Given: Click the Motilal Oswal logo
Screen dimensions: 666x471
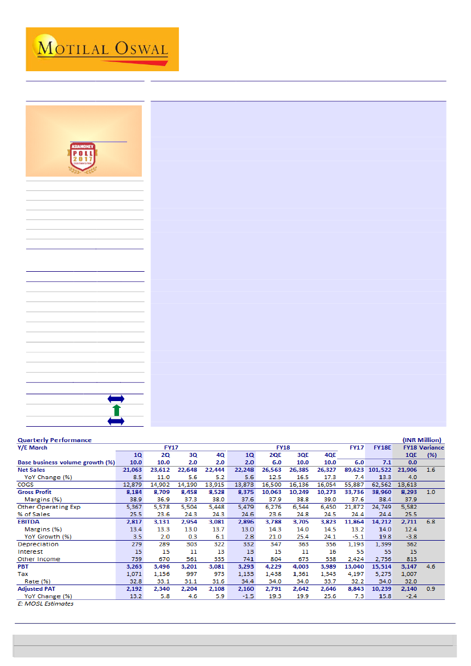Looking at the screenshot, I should [x=103, y=49].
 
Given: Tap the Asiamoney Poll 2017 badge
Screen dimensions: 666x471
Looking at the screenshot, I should [x=84, y=156].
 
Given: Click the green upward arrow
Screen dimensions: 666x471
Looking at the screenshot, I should [x=116, y=410].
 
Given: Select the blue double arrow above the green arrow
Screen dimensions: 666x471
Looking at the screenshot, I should [x=116, y=399].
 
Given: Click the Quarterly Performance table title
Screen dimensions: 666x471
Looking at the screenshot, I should [x=55, y=440].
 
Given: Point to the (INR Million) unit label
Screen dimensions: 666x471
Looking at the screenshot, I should [x=421, y=440].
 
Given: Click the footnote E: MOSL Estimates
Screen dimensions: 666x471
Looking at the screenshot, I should [x=46, y=603].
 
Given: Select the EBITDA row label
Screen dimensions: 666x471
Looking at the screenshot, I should [x=28, y=521].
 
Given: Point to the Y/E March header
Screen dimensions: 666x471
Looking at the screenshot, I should [x=32, y=447].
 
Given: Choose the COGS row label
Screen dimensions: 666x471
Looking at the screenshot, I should [x=26, y=484].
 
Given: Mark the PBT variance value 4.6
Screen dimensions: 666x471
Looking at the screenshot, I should [x=431, y=567].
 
